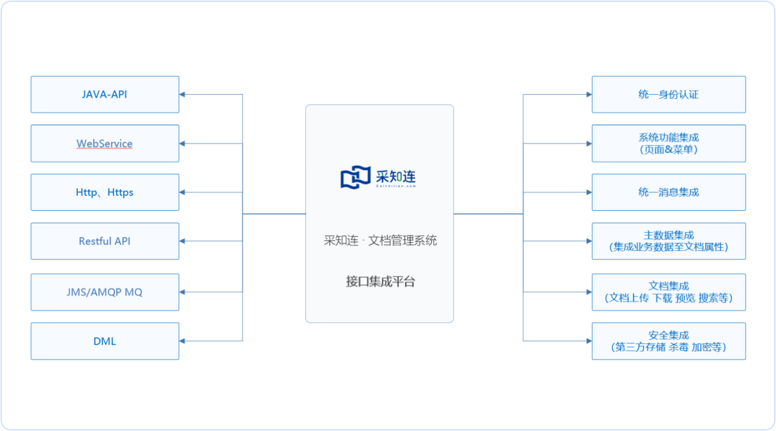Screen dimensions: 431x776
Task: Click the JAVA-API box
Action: [105, 95]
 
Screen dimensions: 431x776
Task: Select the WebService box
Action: [105, 143]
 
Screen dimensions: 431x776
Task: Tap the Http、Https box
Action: [105, 192]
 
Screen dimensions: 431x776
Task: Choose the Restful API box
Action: [105, 241]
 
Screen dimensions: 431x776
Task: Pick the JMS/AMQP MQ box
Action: [105, 292]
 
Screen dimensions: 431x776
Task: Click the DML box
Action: [105, 341]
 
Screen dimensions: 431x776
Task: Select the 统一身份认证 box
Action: [668, 95]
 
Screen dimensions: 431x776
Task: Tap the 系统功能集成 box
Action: [668, 143]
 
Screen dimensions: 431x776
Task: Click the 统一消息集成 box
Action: [668, 192]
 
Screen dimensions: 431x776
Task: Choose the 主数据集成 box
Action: [668, 241]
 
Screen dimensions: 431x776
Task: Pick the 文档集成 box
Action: [668, 292]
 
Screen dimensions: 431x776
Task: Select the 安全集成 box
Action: [668, 341]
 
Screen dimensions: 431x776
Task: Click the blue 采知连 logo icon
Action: [355, 178]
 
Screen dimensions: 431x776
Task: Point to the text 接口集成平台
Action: [380, 282]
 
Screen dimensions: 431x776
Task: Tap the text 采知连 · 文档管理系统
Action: [380, 241]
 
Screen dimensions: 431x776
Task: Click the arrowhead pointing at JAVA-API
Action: [183, 95]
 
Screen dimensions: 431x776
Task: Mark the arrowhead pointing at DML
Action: [183, 341]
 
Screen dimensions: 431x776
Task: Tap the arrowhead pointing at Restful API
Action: [183, 241]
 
